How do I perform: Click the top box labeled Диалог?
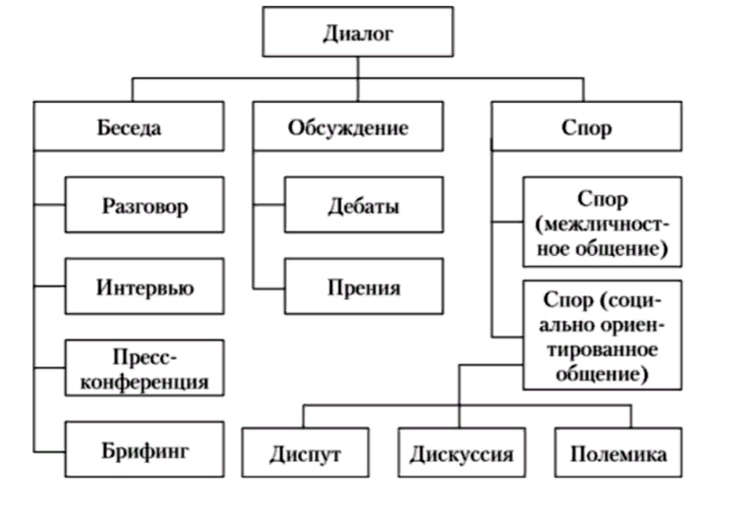[358, 32]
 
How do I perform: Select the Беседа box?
[129, 126]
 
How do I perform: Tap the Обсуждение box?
[349, 126]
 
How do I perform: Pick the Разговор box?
[144, 205]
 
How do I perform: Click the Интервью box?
[144, 286]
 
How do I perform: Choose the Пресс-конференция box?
[144, 367]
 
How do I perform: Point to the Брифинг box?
[144, 449]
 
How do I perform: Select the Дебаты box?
[364, 205]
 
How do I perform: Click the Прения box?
[364, 286]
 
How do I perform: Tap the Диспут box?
[305, 452]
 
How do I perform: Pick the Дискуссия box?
[462, 452]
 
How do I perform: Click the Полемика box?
[619, 452]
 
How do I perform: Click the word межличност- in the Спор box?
[602, 224]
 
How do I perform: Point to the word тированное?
[602, 350]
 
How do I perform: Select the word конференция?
[144, 381]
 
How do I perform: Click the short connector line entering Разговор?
[49, 205]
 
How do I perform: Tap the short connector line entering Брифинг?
[49, 452]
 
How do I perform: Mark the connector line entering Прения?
[269, 288]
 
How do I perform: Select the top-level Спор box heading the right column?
[586, 126]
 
